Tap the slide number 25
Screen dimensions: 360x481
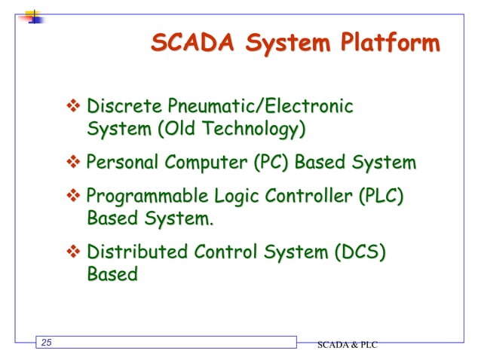pyautogui.click(x=47, y=344)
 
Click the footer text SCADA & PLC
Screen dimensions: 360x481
pyautogui.click(x=346, y=345)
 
